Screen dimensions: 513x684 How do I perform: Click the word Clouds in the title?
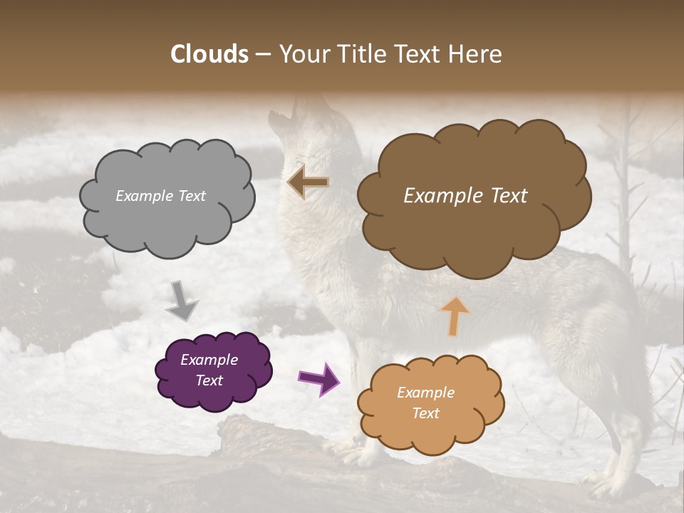click(x=209, y=53)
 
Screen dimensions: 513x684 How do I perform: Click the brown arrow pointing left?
click(x=308, y=182)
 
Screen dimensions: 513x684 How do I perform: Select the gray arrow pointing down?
click(x=181, y=300)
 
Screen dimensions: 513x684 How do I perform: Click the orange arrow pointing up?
click(x=455, y=315)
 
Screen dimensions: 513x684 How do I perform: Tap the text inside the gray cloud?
click(x=160, y=196)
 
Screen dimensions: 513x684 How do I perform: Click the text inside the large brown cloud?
click(x=465, y=196)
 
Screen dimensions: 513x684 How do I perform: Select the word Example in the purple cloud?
click(x=209, y=360)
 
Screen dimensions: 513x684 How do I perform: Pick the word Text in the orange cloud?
click(x=425, y=413)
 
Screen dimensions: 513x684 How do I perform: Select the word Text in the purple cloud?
click(x=209, y=380)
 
